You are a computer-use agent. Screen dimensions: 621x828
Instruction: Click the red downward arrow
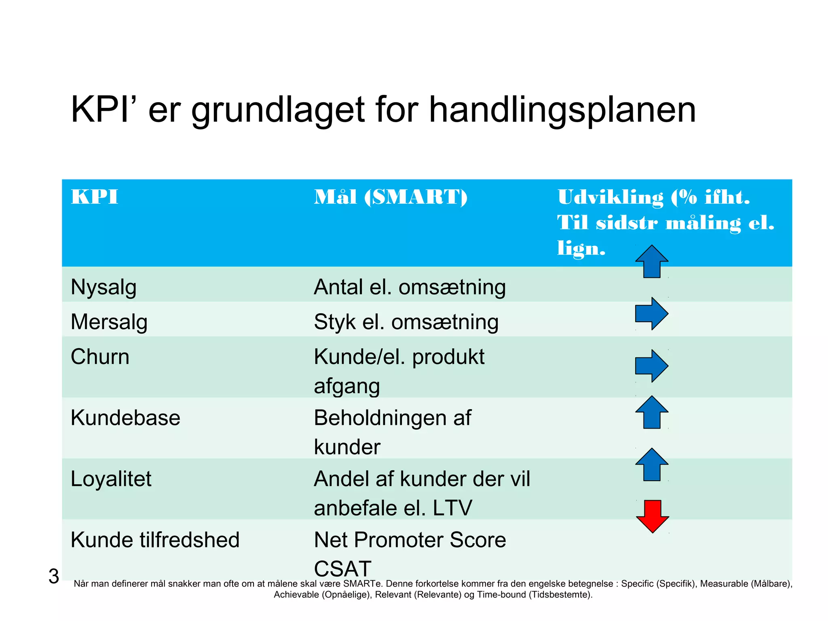[x=652, y=516]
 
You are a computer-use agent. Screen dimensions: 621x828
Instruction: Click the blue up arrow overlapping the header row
[x=652, y=261]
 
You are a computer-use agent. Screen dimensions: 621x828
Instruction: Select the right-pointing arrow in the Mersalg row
[x=652, y=314]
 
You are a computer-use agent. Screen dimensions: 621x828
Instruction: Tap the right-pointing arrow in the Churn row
[x=652, y=366]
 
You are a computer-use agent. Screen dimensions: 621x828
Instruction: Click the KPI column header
[x=94, y=197]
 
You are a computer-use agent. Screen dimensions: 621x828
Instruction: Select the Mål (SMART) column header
[x=391, y=197]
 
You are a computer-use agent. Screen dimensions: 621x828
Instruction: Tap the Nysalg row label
[x=103, y=287]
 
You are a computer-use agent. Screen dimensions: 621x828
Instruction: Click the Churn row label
[x=100, y=357]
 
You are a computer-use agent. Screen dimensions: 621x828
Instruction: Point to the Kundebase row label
[x=125, y=418]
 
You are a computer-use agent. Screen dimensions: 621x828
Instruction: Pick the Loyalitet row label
[x=111, y=479]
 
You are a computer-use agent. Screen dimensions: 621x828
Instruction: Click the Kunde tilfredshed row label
[x=155, y=540]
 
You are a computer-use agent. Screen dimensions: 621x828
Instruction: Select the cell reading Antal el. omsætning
[x=410, y=287]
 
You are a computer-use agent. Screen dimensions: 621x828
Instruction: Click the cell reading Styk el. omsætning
[x=406, y=322]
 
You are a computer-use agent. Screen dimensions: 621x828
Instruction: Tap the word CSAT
[x=342, y=568]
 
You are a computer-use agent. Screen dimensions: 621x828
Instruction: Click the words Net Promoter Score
[x=410, y=540]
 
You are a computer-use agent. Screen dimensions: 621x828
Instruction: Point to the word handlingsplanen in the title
[x=562, y=110]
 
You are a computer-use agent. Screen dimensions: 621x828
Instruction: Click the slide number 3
[x=53, y=576]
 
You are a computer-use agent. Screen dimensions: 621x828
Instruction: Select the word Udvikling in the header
[x=610, y=197]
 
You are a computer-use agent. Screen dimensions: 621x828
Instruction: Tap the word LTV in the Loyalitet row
[x=452, y=508]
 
